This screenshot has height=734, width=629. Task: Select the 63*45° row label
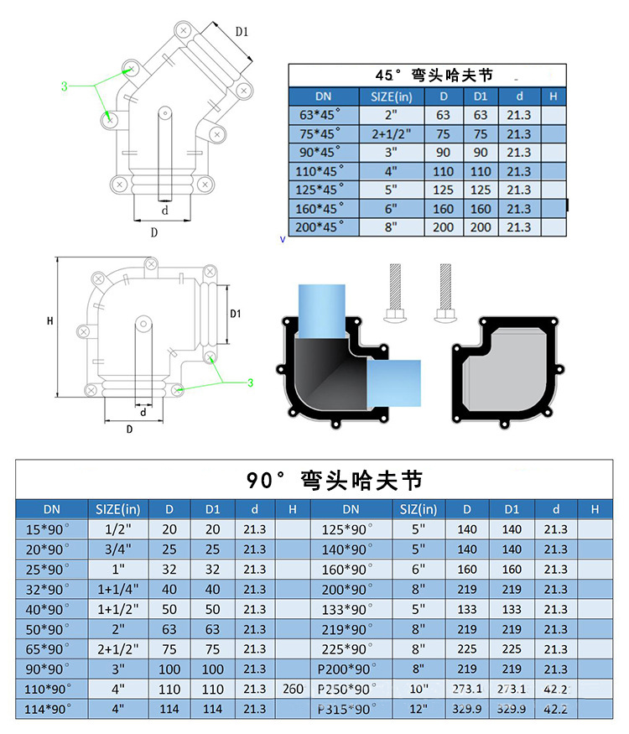pyautogui.click(x=323, y=115)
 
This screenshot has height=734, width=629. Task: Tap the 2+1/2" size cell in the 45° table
pyautogui.click(x=392, y=134)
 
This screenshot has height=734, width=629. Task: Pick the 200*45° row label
pyautogui.click(x=323, y=227)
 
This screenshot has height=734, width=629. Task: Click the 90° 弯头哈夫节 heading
pyautogui.click(x=335, y=481)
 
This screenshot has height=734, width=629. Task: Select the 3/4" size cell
pyautogui.click(x=117, y=549)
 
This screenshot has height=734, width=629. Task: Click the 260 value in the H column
pyautogui.click(x=293, y=690)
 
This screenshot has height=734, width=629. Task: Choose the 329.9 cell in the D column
pyautogui.click(x=467, y=709)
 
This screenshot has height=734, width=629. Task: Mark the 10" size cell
pyautogui.click(x=418, y=690)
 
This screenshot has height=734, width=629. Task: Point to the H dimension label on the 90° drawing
pyautogui.click(x=50, y=321)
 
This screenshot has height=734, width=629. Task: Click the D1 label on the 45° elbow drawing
pyautogui.click(x=242, y=32)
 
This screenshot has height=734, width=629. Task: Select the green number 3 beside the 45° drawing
pyautogui.click(x=64, y=86)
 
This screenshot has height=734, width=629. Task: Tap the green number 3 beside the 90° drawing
pyautogui.click(x=250, y=383)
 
